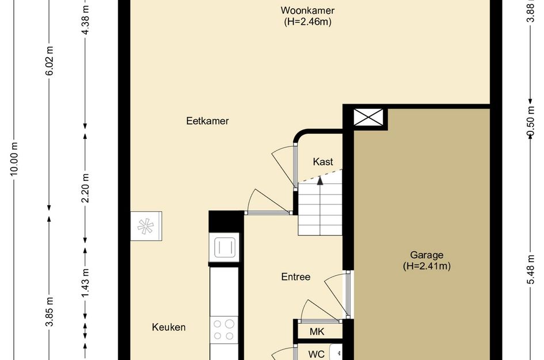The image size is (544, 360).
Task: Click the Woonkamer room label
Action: click(x=307, y=10)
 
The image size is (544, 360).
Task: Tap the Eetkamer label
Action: click(x=207, y=121)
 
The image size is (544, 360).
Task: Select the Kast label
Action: click(x=322, y=161)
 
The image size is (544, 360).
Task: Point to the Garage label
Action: click(x=427, y=255)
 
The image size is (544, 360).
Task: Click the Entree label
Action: click(x=295, y=276)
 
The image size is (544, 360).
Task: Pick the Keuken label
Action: click(x=169, y=327)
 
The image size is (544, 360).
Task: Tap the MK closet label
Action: click(x=317, y=332)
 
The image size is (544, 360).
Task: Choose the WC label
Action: click(x=317, y=354)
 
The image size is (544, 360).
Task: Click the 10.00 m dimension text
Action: click(x=14, y=158)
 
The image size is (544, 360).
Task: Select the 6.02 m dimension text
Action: click(x=50, y=61)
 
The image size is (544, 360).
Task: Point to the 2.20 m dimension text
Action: click(x=85, y=188)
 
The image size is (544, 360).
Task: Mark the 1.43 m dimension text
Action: click(x=85, y=283)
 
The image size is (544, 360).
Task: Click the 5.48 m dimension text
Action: click(x=530, y=270)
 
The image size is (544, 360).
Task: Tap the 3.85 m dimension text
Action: click(x=50, y=312)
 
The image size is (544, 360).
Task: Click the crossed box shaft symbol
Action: click(x=368, y=118)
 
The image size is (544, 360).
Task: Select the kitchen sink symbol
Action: click(x=225, y=248)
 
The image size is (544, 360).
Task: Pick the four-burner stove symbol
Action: click(x=224, y=329)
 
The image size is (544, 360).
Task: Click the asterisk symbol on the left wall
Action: click(x=146, y=226)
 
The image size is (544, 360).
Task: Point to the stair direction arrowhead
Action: click(x=320, y=180)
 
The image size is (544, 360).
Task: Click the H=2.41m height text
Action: click(x=427, y=266)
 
